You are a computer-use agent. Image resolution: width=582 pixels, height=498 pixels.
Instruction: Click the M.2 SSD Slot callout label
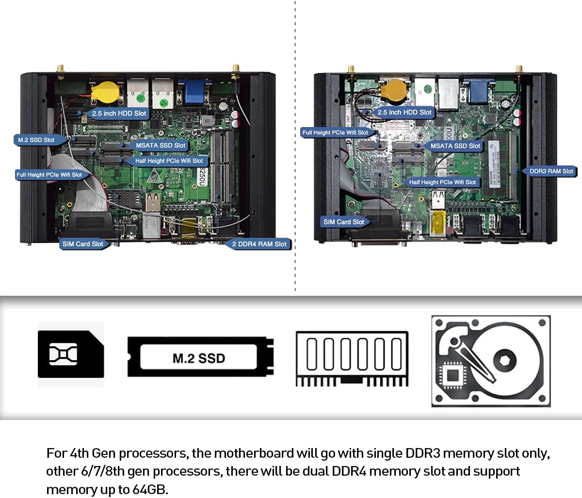[x=36, y=140]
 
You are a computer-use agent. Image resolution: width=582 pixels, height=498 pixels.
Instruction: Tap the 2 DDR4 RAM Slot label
[x=259, y=244]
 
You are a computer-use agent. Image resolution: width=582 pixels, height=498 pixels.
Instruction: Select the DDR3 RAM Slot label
[x=551, y=171]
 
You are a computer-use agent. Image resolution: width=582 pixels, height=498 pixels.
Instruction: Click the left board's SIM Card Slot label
[x=82, y=244]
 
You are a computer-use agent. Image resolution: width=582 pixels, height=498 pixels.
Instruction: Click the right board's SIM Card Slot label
[x=343, y=222]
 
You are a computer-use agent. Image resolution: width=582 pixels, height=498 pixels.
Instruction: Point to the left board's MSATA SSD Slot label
[x=161, y=145]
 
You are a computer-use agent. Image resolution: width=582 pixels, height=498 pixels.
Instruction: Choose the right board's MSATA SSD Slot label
[x=455, y=145]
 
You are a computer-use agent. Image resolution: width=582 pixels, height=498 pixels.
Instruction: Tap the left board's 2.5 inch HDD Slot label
[x=119, y=113]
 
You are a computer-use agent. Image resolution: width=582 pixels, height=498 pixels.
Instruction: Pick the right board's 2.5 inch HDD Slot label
[x=404, y=112]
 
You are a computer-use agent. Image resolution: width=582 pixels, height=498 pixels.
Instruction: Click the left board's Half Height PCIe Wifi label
[x=169, y=161]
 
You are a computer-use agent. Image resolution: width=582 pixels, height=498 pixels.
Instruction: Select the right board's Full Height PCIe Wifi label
[x=335, y=132]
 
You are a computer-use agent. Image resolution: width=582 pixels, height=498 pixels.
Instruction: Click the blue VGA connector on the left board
[x=192, y=92]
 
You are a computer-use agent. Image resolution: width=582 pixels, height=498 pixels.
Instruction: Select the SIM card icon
[x=71, y=354]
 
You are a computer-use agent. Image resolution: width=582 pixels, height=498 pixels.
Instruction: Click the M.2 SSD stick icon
[x=200, y=358]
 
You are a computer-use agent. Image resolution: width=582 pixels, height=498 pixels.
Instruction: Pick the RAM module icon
[x=352, y=359]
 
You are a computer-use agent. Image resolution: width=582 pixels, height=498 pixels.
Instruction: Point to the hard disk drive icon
[x=491, y=361]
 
